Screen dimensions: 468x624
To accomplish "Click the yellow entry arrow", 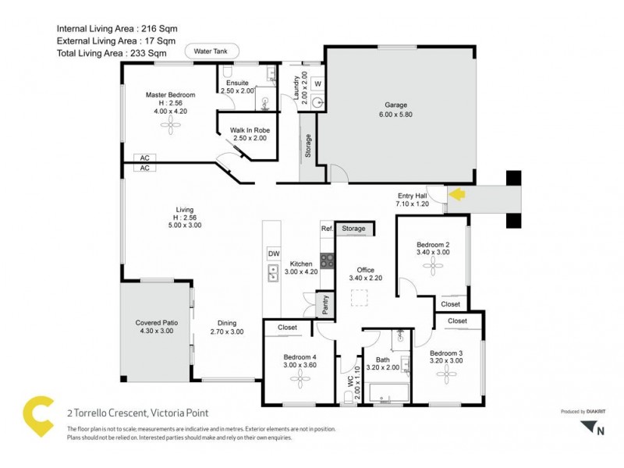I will pos(456,195).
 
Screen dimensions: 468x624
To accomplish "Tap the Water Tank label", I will pos(208,51).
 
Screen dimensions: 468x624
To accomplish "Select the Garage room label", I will pos(395,105).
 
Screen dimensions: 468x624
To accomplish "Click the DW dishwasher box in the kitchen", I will pos(273,253).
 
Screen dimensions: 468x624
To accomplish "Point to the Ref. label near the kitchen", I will pos(327,229).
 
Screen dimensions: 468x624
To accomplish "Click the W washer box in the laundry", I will pos(317,83).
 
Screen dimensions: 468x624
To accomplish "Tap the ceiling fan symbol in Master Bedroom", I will pos(170,130).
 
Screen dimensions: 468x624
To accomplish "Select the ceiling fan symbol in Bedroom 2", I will pos(432,268).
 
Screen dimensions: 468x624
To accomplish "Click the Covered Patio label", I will pos(154,323).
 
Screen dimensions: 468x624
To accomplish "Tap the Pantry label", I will pos(324,306).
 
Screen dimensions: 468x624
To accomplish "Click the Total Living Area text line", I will pos(112,53).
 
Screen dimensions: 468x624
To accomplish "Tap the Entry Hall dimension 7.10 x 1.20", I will pos(413,204).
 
